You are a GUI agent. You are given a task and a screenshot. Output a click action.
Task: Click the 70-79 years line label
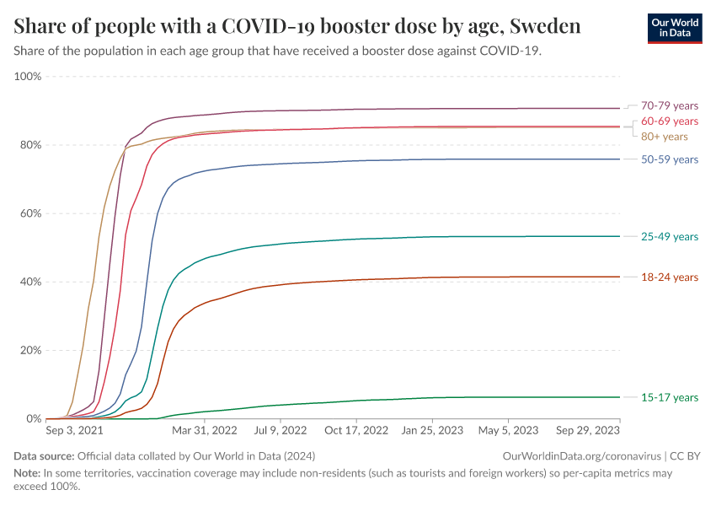(x=670, y=105)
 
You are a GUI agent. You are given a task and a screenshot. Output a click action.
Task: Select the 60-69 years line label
(x=670, y=121)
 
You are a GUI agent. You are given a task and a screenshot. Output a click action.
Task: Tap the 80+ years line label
(x=665, y=137)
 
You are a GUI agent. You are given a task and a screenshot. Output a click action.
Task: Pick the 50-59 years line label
(x=670, y=159)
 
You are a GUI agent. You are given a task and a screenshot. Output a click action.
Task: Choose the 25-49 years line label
(x=670, y=237)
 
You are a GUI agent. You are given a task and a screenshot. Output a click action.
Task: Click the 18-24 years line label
(x=670, y=277)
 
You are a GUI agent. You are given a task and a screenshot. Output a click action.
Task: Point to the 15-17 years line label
(x=670, y=397)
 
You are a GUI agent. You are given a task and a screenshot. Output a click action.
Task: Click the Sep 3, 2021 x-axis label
(x=75, y=430)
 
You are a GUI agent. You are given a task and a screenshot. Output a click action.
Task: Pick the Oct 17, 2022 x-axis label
(x=358, y=430)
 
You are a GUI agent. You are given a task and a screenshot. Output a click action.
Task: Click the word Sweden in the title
(x=543, y=26)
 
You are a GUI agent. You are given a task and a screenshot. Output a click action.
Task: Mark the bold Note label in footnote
(x=27, y=473)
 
